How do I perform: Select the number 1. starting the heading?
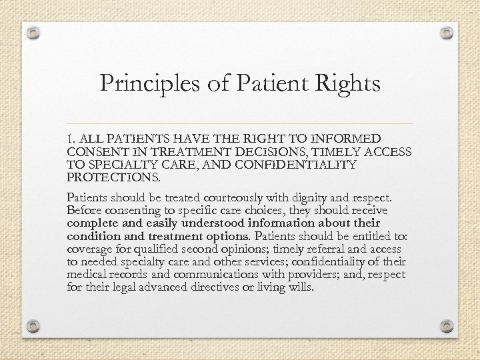tap(72, 139)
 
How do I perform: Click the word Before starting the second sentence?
tap(83, 211)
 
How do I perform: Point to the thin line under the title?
tap(240, 123)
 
